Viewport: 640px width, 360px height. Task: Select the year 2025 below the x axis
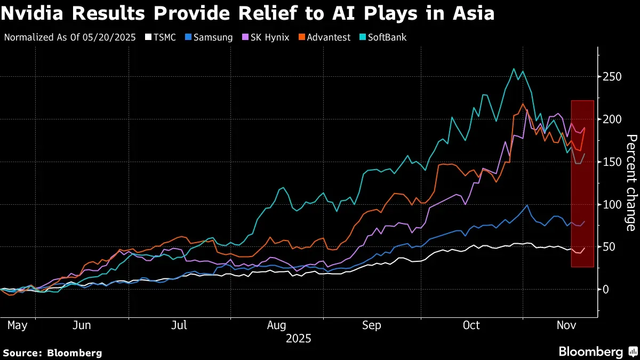pyautogui.click(x=299, y=339)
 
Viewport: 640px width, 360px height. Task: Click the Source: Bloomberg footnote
pyautogui.click(x=52, y=353)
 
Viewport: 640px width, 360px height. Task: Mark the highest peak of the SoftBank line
pyautogui.click(x=514, y=69)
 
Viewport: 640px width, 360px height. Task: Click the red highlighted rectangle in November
pyautogui.click(x=582, y=183)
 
